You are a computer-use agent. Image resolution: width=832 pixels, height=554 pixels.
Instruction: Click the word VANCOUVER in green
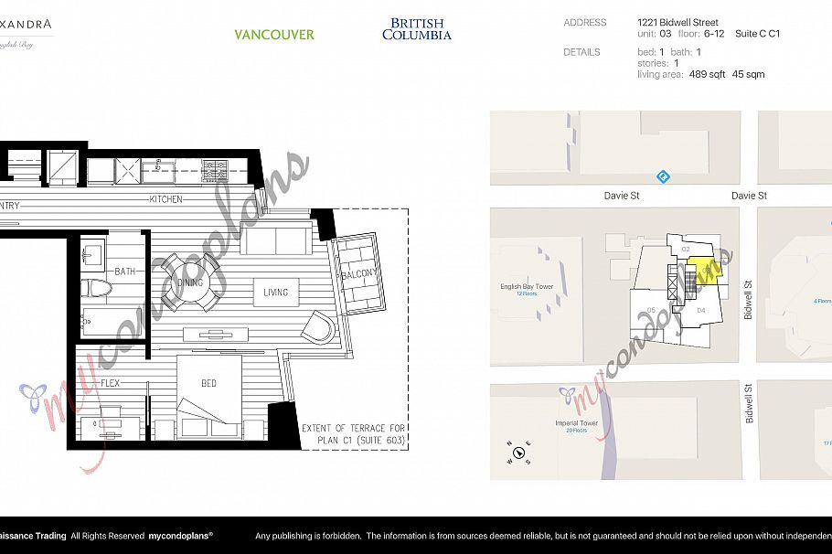273,35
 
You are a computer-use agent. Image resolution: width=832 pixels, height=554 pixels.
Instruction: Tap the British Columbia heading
417,29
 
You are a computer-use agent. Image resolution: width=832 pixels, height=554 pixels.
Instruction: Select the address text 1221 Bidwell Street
677,22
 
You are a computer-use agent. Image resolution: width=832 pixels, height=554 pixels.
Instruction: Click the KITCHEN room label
165,199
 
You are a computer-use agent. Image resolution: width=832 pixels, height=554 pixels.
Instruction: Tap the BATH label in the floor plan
124,272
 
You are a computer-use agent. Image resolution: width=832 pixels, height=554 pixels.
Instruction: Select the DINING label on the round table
189,282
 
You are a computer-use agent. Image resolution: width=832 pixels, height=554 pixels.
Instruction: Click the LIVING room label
275,293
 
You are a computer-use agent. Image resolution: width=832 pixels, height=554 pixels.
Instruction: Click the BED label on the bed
208,383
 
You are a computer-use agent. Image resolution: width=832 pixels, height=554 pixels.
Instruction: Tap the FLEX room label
110,383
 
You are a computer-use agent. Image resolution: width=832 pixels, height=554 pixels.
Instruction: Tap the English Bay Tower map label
527,287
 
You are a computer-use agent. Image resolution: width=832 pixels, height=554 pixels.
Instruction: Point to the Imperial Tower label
576,423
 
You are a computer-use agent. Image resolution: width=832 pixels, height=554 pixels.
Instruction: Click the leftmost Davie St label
621,196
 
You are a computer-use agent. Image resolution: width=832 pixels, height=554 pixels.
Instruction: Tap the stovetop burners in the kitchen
216,169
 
